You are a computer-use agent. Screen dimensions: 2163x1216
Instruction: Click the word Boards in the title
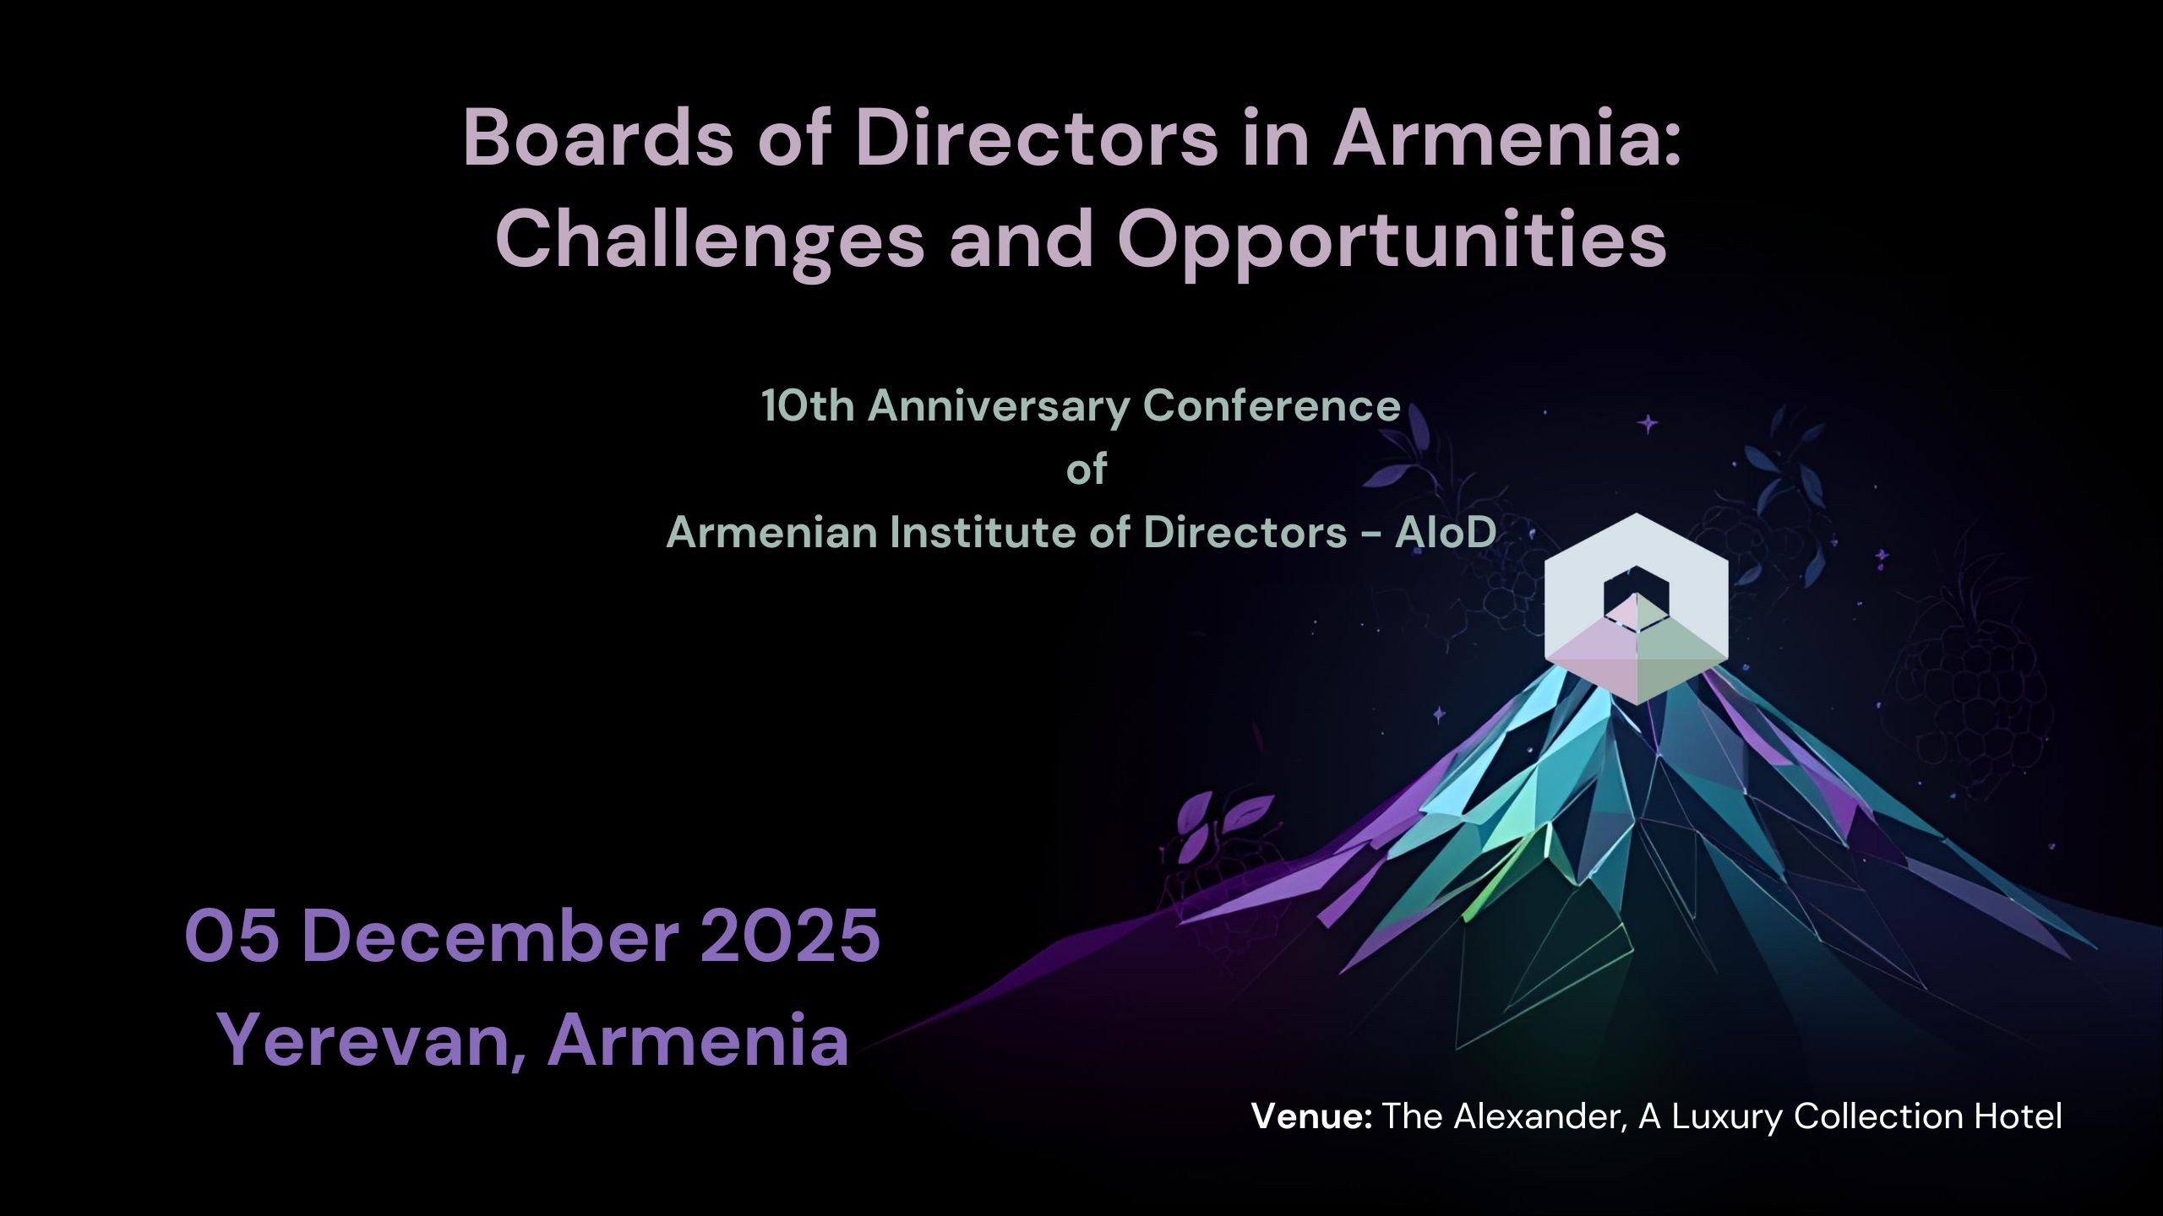click(598, 138)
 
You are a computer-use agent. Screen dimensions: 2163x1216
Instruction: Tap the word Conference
click(1272, 406)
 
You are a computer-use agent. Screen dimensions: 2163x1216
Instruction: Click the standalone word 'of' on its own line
click(1087, 470)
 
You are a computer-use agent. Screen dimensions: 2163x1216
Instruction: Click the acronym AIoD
click(1445, 533)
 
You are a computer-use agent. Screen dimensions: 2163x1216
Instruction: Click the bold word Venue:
click(1311, 1116)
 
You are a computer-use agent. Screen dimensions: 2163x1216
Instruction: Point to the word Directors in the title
click(1036, 138)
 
